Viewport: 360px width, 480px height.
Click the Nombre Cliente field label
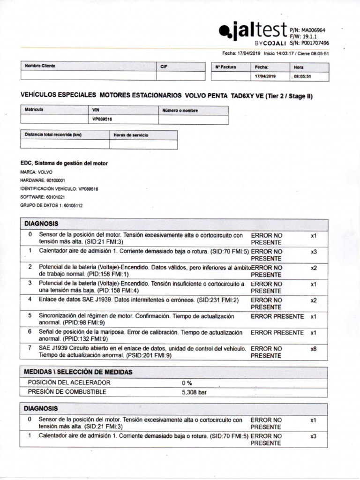click(x=40, y=66)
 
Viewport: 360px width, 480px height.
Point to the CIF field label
click(x=164, y=67)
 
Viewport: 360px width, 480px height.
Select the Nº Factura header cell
click(x=225, y=67)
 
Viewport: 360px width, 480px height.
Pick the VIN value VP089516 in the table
click(x=102, y=119)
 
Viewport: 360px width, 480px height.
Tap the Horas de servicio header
click(x=131, y=135)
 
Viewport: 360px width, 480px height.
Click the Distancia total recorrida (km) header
click(x=53, y=135)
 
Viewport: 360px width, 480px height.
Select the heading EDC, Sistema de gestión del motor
click(x=64, y=163)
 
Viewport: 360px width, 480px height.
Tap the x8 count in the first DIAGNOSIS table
click(x=314, y=349)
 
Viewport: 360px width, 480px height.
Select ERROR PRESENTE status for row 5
click(x=277, y=316)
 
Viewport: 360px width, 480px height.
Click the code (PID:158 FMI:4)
click(x=112, y=291)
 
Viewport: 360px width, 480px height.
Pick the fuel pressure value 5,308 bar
click(x=194, y=392)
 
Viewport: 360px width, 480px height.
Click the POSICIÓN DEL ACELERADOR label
click(x=69, y=382)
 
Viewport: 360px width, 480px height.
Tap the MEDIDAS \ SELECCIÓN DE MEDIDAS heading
click(x=78, y=372)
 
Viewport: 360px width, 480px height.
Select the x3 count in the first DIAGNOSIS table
click(x=314, y=252)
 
